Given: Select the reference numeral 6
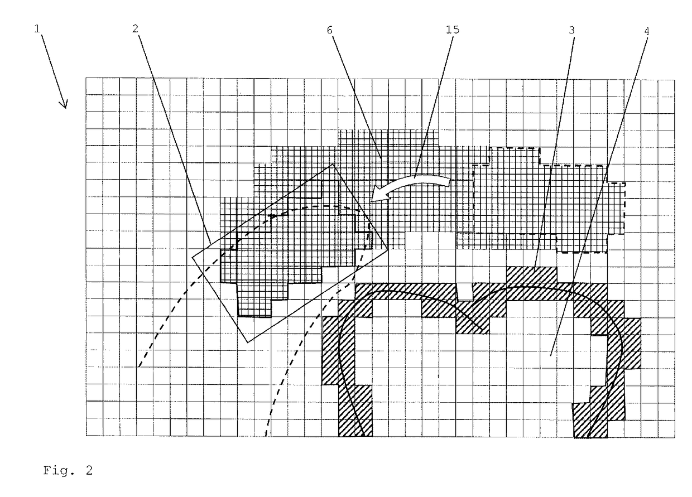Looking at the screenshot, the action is pos(330,30).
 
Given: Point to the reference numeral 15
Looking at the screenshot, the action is pos(453,30).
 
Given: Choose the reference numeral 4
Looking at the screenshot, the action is pos(646,30).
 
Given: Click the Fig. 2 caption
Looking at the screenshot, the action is pos(68,471).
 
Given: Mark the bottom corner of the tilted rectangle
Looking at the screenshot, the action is pos(246,341).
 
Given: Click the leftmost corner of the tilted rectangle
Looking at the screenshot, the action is pos(193,257).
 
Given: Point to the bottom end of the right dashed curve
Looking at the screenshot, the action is pos(265,435).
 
